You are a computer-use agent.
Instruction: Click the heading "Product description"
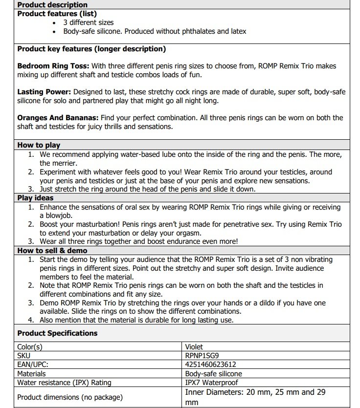(45, 5)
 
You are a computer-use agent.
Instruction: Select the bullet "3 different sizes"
(88, 22)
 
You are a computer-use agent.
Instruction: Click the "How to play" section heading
(39, 145)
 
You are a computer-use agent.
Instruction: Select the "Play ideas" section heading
(36, 198)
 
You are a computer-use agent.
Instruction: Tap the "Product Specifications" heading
(57, 333)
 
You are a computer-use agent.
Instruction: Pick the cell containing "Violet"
(195, 347)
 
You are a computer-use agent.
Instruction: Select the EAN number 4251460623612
(211, 365)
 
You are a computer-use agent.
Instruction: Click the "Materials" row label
(32, 373)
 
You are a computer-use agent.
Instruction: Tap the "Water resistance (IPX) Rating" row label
(64, 382)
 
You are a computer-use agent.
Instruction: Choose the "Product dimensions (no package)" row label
(70, 397)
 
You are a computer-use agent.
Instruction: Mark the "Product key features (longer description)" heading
(91, 49)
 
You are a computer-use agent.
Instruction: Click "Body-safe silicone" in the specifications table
(214, 373)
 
